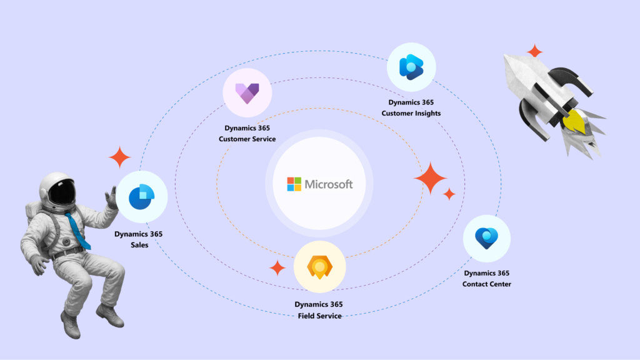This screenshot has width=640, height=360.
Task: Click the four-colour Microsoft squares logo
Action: pos(294,184)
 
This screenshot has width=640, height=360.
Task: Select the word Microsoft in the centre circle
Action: pos(329,184)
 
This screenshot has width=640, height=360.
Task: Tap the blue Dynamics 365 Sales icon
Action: pos(141,197)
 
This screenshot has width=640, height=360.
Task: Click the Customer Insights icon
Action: pos(411,67)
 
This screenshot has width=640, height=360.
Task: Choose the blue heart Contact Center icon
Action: pos(486,238)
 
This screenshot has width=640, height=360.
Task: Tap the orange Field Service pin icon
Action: pos(319,267)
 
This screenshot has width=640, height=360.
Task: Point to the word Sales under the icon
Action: pos(139,245)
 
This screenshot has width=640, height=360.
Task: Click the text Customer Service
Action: pos(247,139)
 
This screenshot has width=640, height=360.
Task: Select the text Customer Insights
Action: pos(411,113)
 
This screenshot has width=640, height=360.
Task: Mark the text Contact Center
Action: pos(486,284)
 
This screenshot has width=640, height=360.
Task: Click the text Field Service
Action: pos(319,316)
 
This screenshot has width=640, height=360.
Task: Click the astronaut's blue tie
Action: pos(77,229)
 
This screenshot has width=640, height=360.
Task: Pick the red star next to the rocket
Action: pos(534,51)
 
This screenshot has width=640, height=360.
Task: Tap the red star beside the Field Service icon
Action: pos(277,268)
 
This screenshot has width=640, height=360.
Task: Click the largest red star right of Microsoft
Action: pos(430,178)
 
